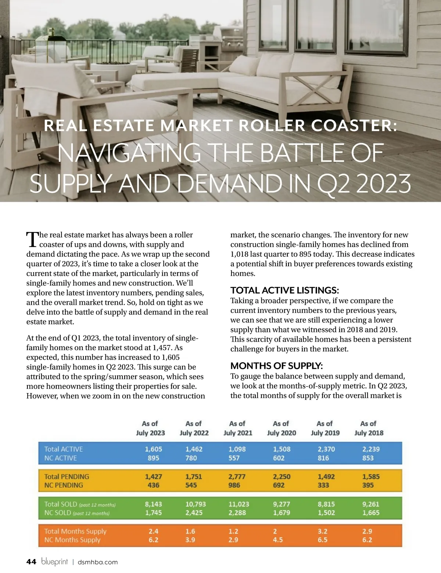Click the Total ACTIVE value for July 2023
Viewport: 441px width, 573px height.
[x=153, y=449]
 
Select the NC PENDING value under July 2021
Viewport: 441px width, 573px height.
[x=234, y=485]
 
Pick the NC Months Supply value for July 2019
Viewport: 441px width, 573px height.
[x=322, y=540]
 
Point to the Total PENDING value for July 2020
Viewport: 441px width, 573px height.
[x=282, y=477]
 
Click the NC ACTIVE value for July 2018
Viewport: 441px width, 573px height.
[x=367, y=458]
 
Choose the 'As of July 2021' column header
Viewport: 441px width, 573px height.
[x=238, y=428]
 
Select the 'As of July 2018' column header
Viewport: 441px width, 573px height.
[x=369, y=428]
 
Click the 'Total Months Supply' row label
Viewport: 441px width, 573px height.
[x=75, y=531]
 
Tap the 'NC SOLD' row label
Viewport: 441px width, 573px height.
[x=58, y=513]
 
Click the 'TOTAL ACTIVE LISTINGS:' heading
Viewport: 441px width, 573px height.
[x=284, y=290]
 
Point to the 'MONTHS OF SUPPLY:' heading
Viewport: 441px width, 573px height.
[x=276, y=366]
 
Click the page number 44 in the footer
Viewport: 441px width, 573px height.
[x=31, y=562]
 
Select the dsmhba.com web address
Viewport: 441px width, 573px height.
[x=98, y=562]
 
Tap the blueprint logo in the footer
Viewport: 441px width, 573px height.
[x=54, y=562]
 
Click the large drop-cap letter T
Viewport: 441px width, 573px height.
[x=32, y=239]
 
